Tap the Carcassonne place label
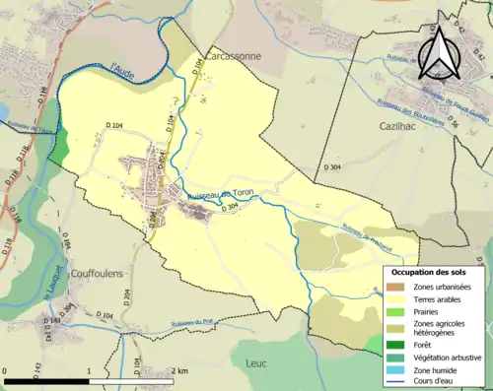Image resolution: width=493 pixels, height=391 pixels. click(x=234, y=57)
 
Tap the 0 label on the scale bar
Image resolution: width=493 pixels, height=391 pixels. click(x=6, y=370)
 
